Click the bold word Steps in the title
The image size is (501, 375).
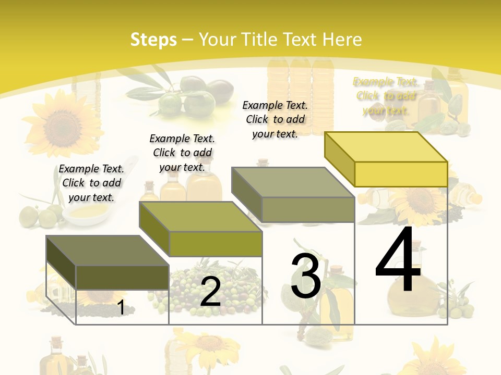click(153, 40)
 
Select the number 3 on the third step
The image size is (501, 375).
click(306, 276)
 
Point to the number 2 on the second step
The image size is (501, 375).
click(210, 292)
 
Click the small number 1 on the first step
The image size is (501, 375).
click(121, 307)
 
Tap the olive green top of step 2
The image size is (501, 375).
click(200, 217)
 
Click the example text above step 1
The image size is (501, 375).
click(91, 183)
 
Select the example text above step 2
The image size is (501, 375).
click(182, 153)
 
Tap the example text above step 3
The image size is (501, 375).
click(275, 119)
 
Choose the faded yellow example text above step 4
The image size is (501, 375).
click(386, 96)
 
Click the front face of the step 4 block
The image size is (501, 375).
click(401, 174)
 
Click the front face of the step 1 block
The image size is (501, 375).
click(122, 277)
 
